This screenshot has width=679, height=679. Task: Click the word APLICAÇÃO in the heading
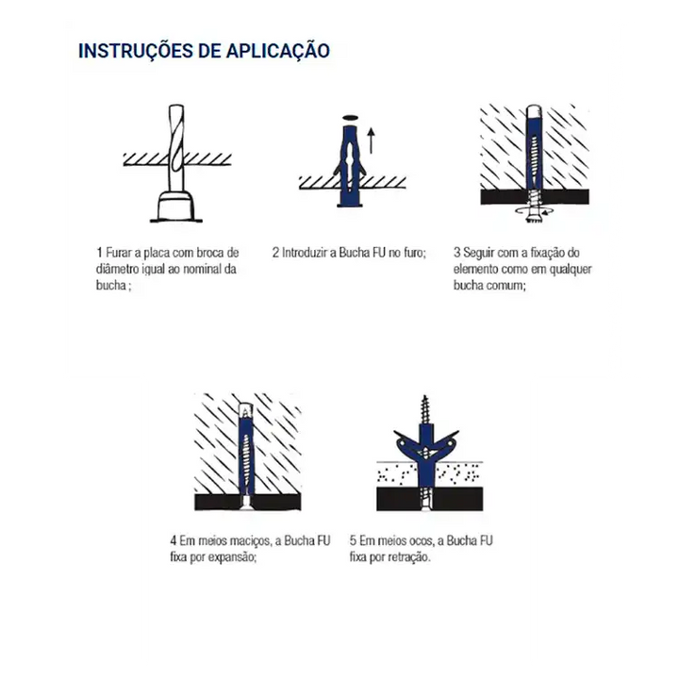click(x=277, y=50)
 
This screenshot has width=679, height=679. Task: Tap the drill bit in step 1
click(x=176, y=148)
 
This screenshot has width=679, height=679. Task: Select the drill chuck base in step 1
click(x=175, y=207)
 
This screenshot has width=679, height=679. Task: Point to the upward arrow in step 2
click(x=372, y=141)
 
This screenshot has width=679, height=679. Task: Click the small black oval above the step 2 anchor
click(x=350, y=117)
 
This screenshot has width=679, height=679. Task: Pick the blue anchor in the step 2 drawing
click(x=350, y=164)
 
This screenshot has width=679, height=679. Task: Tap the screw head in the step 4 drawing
click(x=245, y=504)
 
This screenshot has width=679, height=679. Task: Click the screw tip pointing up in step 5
click(x=424, y=397)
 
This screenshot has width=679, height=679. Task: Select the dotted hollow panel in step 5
click(x=429, y=473)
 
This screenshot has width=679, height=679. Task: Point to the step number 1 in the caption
click(x=100, y=253)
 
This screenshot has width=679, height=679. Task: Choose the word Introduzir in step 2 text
click(x=305, y=253)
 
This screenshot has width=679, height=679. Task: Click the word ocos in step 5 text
click(x=420, y=541)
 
